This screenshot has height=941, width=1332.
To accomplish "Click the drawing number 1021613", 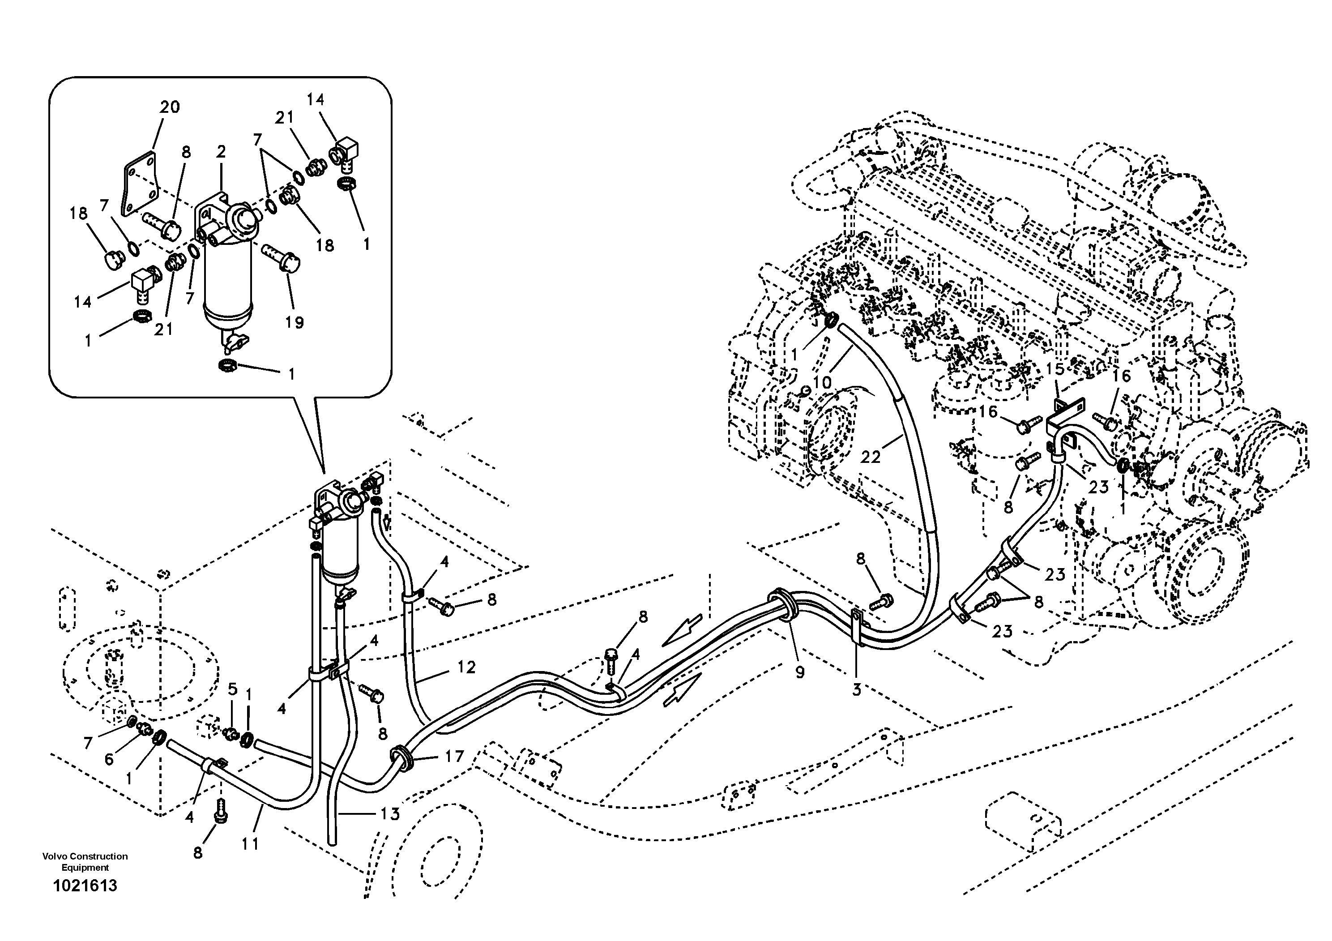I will coord(85,886).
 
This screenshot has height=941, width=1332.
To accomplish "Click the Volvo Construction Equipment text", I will coord(85,861).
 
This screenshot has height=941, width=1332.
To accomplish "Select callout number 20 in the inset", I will coord(170,107).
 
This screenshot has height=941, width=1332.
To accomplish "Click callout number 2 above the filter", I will coord(221,152).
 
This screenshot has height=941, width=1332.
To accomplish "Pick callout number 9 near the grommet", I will coord(799,672).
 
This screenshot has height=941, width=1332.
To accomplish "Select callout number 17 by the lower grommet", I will coord(454,756).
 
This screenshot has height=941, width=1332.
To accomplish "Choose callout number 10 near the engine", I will coord(822,382).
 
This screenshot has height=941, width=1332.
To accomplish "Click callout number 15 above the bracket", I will coord(1055,369).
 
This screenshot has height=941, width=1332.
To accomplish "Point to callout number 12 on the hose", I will coord(466,667).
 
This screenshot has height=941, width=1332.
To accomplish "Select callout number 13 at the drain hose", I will coord(390,814).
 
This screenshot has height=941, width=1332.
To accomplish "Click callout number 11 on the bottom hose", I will coord(250,843).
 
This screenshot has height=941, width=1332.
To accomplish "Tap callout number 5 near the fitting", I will coord(233,689).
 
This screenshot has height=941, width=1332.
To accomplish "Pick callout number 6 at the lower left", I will coord(109,759).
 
